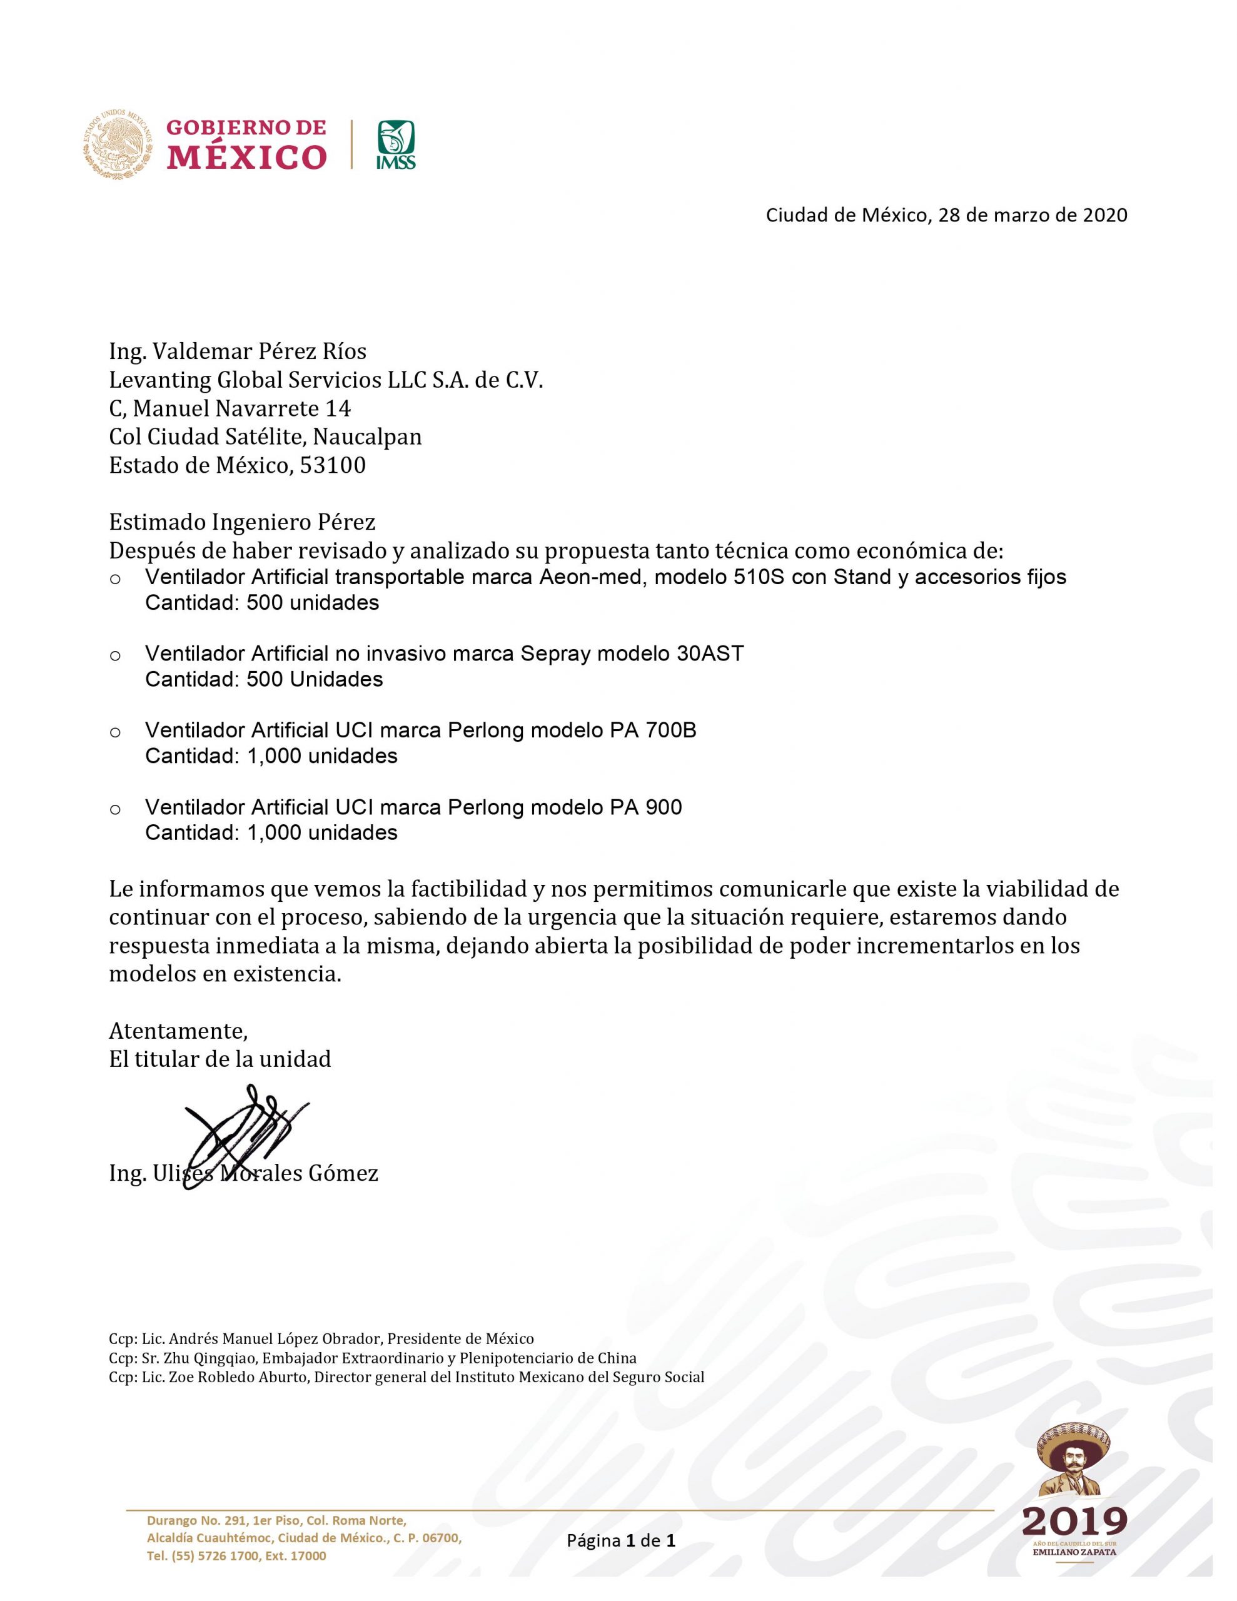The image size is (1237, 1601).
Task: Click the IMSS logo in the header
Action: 395,144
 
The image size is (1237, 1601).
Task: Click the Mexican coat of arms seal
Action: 118,144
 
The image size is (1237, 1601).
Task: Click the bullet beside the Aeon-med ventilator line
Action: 115,579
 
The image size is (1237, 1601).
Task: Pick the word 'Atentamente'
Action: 178,1031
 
